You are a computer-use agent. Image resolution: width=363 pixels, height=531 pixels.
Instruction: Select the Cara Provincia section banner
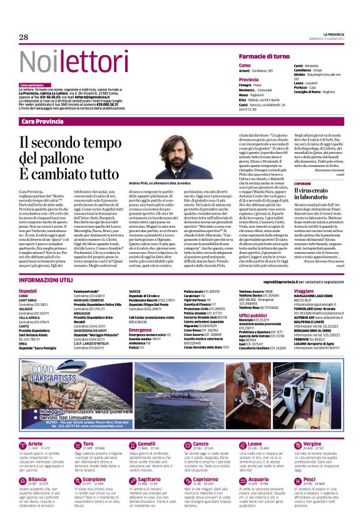pyautogui.click(x=43, y=121)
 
